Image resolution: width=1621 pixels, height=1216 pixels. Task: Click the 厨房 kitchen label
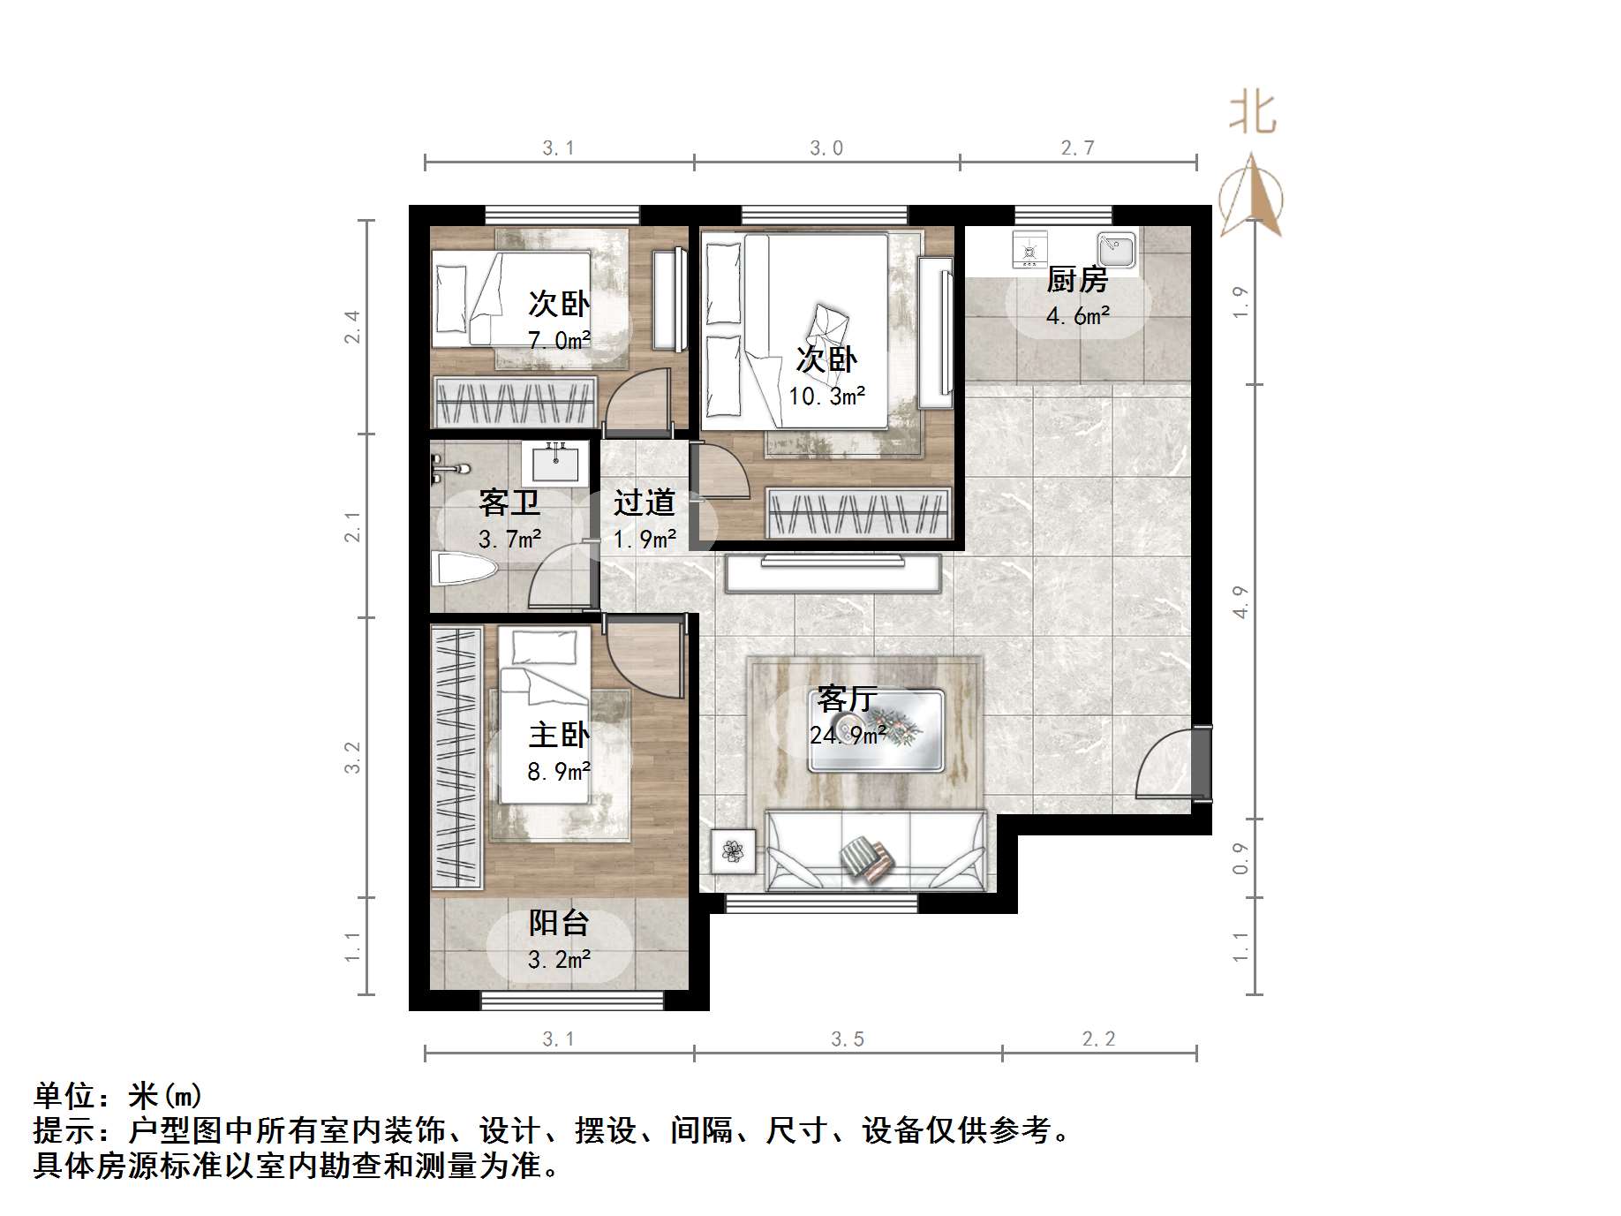[1076, 280]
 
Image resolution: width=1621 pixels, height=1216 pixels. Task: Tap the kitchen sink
[1117, 250]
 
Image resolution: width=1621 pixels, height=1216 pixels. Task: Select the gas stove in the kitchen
[1029, 250]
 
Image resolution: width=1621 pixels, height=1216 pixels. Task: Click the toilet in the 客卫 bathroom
[464, 569]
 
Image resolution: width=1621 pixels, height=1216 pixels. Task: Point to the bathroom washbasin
[554, 464]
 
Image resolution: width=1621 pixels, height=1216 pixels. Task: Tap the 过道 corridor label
[645, 502]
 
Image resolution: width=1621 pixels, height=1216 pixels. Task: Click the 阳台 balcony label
[559, 923]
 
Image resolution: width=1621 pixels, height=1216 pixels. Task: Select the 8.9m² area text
[559, 772]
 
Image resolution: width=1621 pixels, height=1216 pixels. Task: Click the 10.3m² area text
[826, 397]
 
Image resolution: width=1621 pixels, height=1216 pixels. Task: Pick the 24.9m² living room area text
[848, 735]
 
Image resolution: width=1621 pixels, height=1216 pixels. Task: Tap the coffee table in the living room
[877, 731]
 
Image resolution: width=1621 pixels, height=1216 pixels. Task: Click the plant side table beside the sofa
[733, 851]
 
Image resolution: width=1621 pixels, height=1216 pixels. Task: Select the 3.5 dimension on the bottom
[848, 1039]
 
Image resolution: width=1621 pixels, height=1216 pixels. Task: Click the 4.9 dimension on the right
[1240, 601]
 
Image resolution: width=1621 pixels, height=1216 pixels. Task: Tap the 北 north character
[1253, 114]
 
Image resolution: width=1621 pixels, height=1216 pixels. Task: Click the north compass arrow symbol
[1251, 196]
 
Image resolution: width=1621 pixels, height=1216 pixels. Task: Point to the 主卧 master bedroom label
[559, 735]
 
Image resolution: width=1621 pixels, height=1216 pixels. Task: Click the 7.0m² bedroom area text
[559, 340]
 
